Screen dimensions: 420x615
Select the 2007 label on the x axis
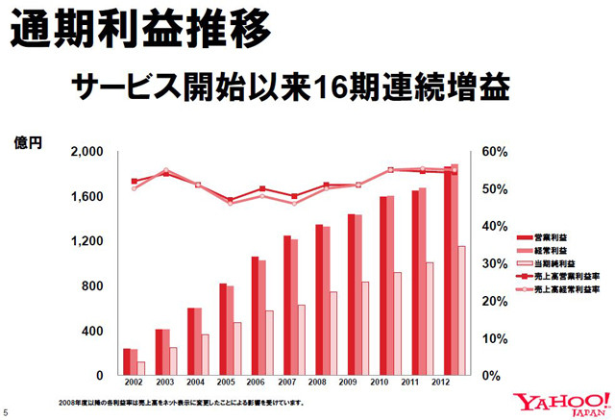tap(287, 383)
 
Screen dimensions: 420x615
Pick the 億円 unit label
tap(27, 142)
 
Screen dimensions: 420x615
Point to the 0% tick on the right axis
tap(490, 375)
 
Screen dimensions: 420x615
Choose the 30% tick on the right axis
tap(494, 263)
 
